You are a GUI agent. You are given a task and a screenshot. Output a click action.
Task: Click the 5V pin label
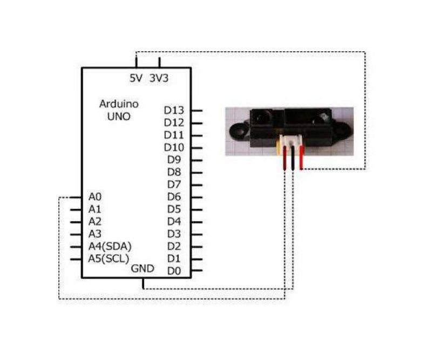pos(136,78)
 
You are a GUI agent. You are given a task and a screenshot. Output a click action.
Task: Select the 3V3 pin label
pos(159,78)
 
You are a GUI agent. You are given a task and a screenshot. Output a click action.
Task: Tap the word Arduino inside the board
pos(119,104)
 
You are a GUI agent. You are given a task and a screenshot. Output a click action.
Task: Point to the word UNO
pos(119,117)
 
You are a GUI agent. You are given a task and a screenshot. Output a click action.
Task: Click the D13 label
pos(174,111)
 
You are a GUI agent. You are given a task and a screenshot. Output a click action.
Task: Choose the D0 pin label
pos(174,271)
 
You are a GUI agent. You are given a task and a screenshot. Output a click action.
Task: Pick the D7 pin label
pos(174,185)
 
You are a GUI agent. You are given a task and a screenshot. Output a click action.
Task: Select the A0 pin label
pos(95,197)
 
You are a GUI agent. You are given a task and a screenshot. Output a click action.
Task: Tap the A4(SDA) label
pos(110,246)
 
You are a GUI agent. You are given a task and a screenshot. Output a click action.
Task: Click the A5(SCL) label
pos(109,259)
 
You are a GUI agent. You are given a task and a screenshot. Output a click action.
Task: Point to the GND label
pos(143,269)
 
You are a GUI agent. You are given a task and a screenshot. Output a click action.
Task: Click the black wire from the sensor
pos(293,158)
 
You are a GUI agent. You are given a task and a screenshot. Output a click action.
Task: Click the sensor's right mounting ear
pos(343,130)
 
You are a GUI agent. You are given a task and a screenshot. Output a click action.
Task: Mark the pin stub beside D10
pos(197,148)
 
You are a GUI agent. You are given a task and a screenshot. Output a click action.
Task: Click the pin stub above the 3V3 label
pos(159,63)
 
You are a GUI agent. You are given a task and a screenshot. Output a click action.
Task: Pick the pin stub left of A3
pos(76,234)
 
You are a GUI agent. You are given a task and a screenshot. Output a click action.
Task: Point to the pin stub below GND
pos(143,283)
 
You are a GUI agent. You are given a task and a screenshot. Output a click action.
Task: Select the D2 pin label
pos(174,246)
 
